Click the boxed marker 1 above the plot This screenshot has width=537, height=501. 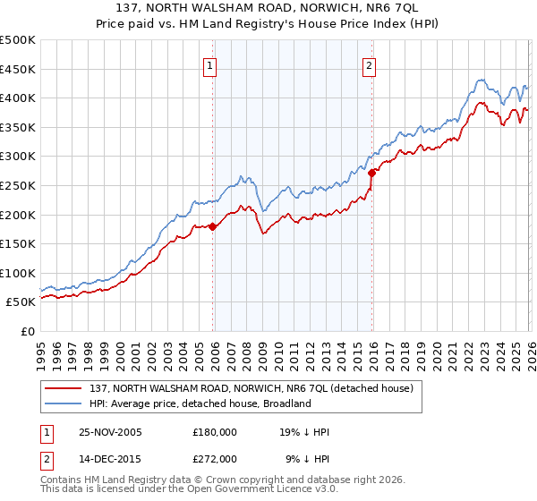209,64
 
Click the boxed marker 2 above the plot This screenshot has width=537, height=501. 369,64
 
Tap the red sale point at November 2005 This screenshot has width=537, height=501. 213,226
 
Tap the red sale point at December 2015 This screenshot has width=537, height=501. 371,173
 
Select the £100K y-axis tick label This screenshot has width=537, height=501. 18,273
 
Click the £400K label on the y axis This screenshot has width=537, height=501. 18,98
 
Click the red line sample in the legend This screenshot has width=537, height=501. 65,389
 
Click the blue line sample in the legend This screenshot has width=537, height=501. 65,404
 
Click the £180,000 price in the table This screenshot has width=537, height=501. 215,432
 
